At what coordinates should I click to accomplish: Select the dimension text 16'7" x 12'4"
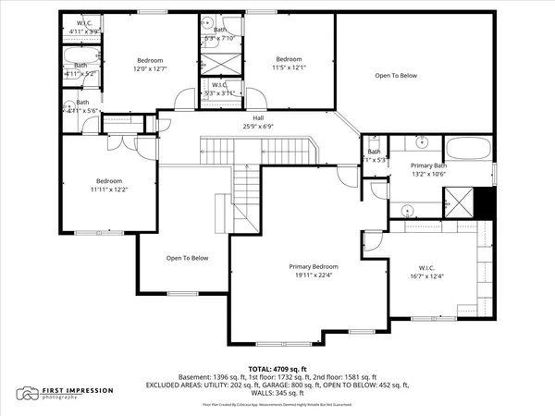coord(426,275)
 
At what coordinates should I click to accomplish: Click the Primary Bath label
coord(428,165)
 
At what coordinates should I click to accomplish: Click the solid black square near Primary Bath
coord(482,201)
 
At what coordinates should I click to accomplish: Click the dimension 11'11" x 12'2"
coord(109,190)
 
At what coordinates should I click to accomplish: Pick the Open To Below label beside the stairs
coord(188,258)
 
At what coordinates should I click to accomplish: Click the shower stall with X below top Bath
coord(220,65)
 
